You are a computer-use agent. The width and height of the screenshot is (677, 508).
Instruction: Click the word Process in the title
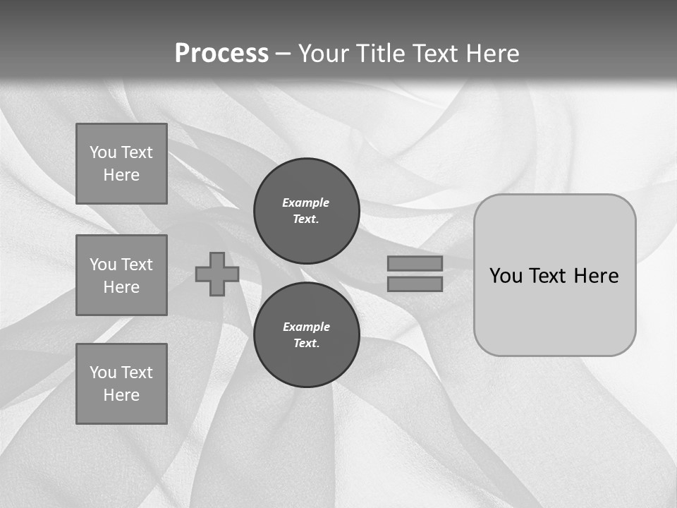point(221,54)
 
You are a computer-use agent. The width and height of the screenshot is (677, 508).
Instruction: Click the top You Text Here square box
point(121,164)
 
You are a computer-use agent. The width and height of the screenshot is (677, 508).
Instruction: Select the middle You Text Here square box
point(121,275)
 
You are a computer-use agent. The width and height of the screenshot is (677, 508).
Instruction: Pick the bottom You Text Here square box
point(121,384)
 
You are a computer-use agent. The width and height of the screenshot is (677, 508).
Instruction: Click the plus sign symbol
point(217,274)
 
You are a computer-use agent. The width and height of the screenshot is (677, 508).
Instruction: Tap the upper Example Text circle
point(307,211)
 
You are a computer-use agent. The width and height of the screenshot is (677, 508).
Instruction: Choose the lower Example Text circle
point(307,335)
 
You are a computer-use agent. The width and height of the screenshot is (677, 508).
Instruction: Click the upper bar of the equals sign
point(415,263)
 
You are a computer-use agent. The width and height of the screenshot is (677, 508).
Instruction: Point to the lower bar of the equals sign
point(415,284)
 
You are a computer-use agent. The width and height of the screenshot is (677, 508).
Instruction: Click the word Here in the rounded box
point(596,276)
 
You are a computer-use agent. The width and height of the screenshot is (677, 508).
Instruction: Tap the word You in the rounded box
point(506,276)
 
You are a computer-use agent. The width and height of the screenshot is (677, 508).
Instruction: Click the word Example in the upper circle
point(306,202)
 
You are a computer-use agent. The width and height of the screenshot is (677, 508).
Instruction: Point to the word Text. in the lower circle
point(307,344)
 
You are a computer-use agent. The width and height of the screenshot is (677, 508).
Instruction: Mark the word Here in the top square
point(121,175)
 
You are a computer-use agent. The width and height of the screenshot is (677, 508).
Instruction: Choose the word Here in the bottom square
point(121,395)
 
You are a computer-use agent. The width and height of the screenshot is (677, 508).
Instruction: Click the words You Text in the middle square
point(121,265)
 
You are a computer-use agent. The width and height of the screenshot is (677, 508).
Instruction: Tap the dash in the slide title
point(283,54)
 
